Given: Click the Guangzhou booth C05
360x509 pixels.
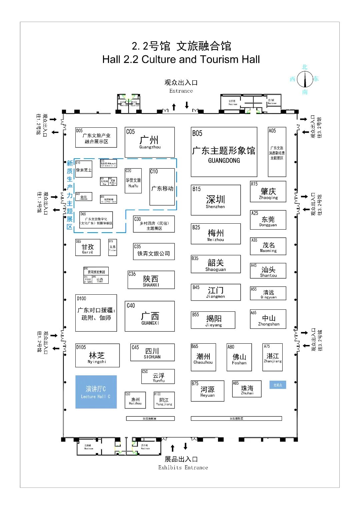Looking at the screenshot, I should point(150,142).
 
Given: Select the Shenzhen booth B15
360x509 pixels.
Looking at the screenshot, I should point(216,200).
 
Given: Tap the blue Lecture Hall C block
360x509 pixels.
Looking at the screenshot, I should point(96,392).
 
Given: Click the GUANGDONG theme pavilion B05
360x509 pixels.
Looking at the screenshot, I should point(224,152).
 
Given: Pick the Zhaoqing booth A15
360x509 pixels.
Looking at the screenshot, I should point(268,192).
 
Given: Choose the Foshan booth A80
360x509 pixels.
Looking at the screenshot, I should point(239,357).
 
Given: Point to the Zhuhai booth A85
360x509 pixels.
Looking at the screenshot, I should point(247,389).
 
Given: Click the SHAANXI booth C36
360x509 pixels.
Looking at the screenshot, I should point(151,280).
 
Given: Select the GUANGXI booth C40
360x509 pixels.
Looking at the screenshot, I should point(150,316).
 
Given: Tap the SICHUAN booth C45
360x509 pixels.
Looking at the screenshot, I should point(152,352).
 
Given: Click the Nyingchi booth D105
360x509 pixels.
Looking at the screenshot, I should point(97,355).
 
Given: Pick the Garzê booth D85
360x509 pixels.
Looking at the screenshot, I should point(88,248).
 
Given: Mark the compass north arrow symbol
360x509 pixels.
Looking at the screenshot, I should point(305,79).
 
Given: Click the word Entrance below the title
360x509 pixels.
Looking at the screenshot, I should point(181,91).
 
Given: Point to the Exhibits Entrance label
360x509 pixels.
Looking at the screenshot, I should point(183,467).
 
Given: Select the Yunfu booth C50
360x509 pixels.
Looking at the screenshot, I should point(158,377).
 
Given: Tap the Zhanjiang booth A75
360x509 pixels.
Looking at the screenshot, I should point(272,357).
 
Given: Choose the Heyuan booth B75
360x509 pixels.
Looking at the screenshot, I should point(207,391).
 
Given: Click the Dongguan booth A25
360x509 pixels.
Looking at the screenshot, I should point(268,220).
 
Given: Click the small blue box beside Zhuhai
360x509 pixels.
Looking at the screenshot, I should point(278,385).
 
